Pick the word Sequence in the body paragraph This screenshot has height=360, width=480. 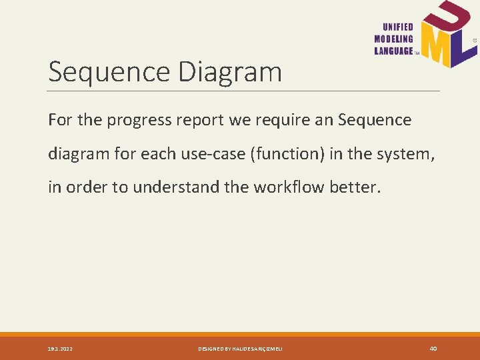[x=375, y=121]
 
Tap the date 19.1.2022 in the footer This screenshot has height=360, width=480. [x=61, y=349]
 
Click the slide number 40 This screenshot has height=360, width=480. [x=433, y=349]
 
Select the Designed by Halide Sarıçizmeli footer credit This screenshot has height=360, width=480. [x=240, y=349]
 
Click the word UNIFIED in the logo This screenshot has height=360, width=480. [x=398, y=27]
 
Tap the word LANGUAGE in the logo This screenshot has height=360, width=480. [x=394, y=51]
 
